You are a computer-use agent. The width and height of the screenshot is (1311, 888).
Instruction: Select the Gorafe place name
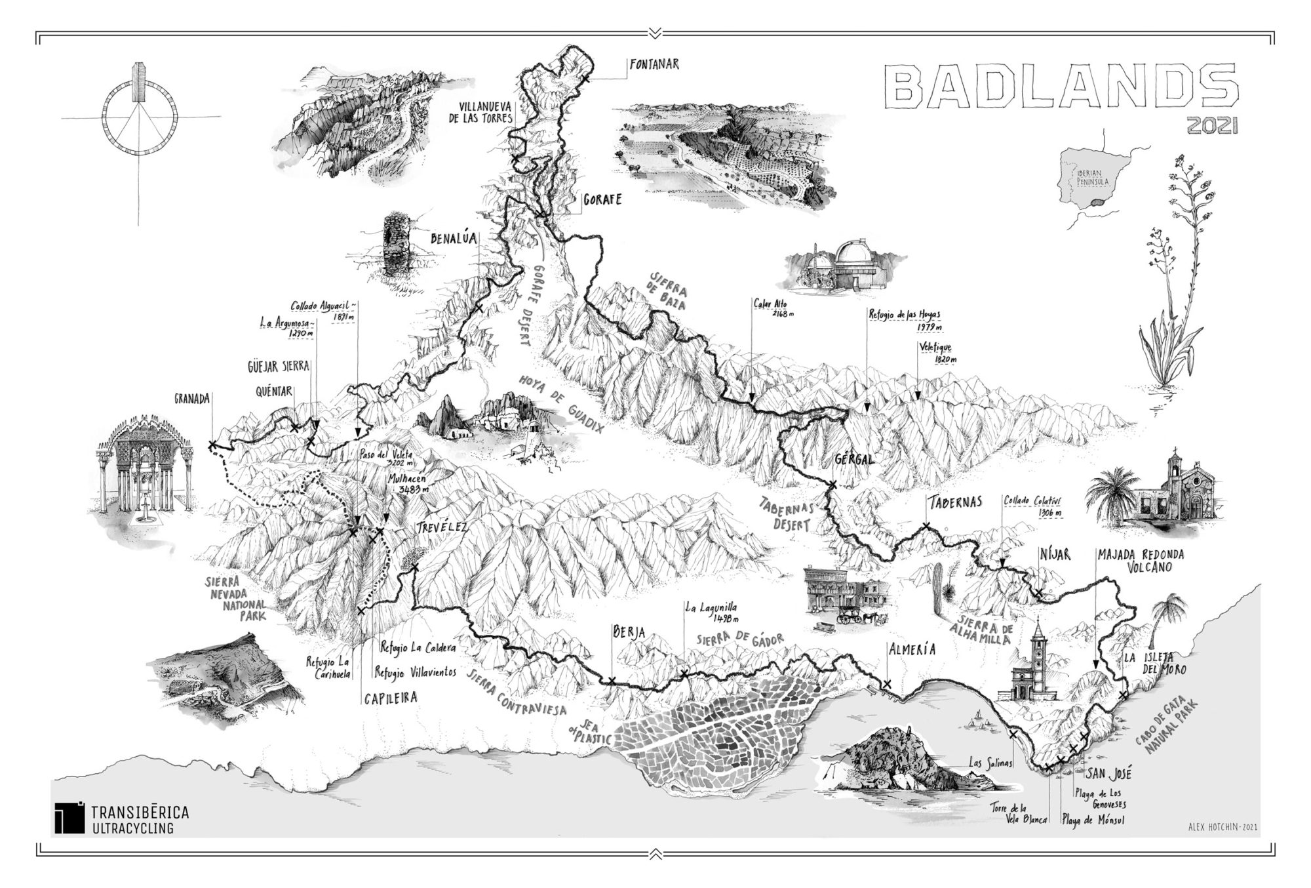tap(602, 199)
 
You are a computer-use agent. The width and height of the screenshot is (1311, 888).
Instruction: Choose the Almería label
tap(910, 650)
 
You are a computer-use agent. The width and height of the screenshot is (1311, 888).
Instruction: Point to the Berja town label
tap(628, 632)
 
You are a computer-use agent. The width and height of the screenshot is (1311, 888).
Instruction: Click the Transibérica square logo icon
tap(70, 818)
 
